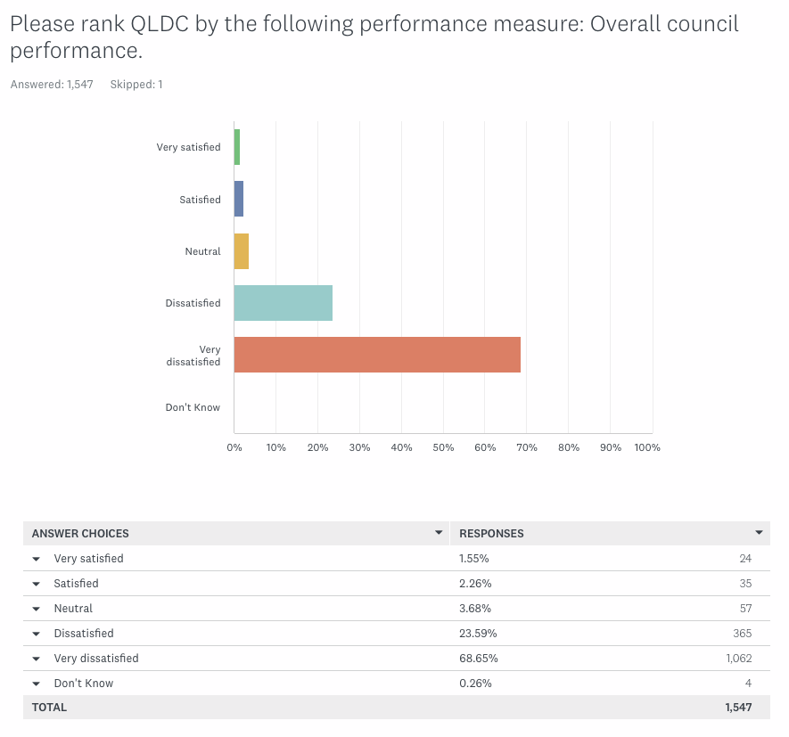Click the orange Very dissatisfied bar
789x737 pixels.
pos(377,355)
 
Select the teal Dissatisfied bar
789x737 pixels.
pos(283,303)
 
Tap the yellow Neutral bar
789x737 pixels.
pos(242,251)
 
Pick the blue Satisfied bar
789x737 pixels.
pos(239,199)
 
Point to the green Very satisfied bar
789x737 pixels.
pos(237,147)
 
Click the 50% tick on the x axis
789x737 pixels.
pos(443,447)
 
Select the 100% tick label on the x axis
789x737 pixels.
pos(647,447)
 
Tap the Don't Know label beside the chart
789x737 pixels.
pos(193,407)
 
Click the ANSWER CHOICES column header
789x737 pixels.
pos(80,534)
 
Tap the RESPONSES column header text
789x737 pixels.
pos(491,534)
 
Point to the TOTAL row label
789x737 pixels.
pos(49,708)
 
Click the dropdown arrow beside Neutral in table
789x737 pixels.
pos(37,609)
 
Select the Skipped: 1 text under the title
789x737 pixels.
pos(136,85)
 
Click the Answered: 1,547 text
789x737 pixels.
pos(52,85)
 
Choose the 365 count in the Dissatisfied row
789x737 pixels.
pos(742,634)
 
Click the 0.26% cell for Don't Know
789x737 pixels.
pos(475,684)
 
